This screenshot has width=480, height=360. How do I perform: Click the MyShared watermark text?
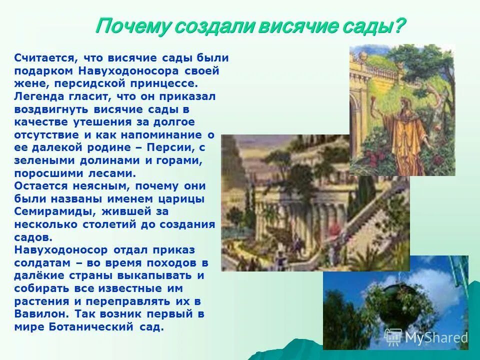[436, 338]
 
